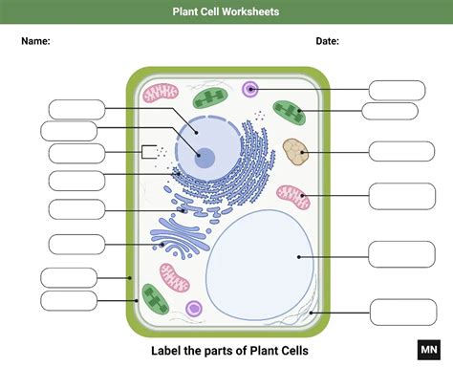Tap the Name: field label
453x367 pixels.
coord(36,41)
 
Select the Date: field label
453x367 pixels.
coord(327,41)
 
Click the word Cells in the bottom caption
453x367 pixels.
coord(293,351)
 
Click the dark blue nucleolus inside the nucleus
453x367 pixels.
coord(206,158)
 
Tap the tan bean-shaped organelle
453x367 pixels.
coord(295,150)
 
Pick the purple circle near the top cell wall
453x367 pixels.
coord(250,90)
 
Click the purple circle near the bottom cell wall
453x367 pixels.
coord(194,310)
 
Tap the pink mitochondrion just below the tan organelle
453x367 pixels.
coord(293,197)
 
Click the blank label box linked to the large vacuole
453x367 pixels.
coord(400,254)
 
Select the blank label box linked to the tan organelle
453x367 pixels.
coord(400,151)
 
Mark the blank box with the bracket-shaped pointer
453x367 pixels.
coord(76,152)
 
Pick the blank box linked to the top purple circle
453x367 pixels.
coord(397,90)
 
